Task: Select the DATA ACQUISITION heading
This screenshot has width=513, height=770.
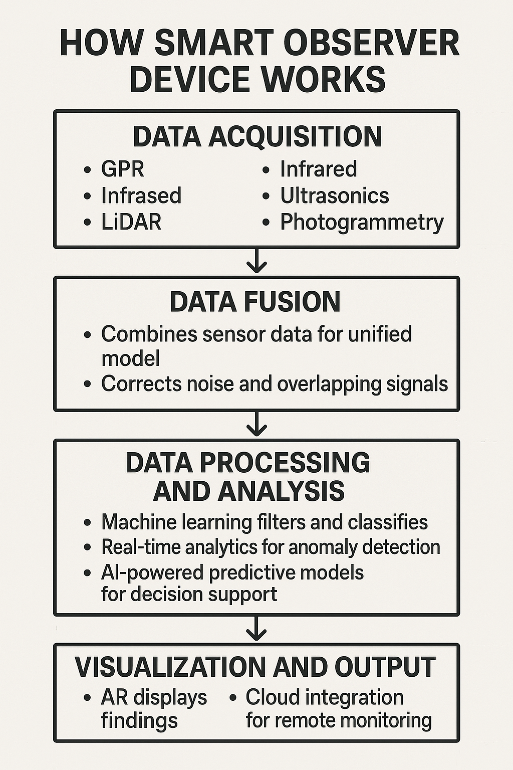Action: coord(257,137)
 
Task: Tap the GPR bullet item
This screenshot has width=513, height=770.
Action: coord(122,169)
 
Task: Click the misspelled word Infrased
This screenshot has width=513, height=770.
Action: coord(141,196)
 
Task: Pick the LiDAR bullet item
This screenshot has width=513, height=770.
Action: coord(131,222)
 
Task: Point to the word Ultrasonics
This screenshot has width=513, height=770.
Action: coord(334,196)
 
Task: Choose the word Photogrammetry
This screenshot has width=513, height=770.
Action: coord(362,222)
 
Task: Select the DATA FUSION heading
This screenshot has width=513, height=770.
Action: coord(255,302)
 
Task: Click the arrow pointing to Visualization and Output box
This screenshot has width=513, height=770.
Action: coord(256,629)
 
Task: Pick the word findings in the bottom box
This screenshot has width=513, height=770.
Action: coord(139,721)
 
